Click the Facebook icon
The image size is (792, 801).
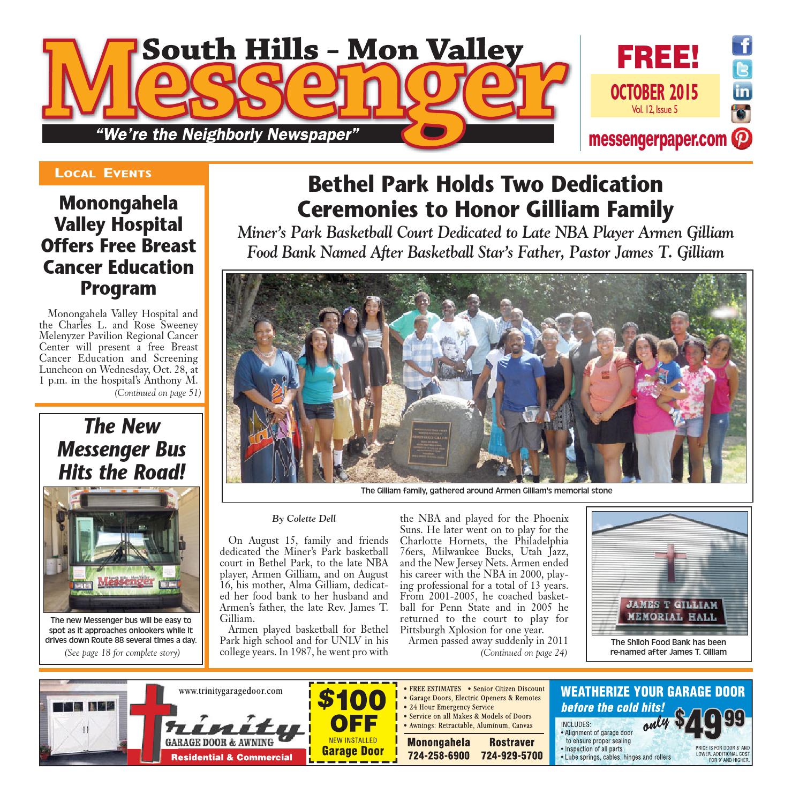click(x=742, y=46)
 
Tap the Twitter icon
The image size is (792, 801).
click(x=742, y=69)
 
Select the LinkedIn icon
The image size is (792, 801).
click(x=742, y=92)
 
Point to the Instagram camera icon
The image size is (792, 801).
click(x=742, y=115)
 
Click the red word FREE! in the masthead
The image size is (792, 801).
click(x=658, y=57)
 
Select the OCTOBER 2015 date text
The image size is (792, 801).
click(x=654, y=92)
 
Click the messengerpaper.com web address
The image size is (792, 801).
click(x=658, y=139)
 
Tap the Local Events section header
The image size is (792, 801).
click(x=103, y=173)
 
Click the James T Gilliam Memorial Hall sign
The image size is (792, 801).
click(x=672, y=610)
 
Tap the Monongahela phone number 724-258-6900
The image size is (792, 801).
click(x=439, y=755)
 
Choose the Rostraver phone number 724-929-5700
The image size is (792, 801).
click(x=511, y=755)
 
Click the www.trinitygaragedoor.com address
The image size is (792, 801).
click(x=230, y=692)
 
